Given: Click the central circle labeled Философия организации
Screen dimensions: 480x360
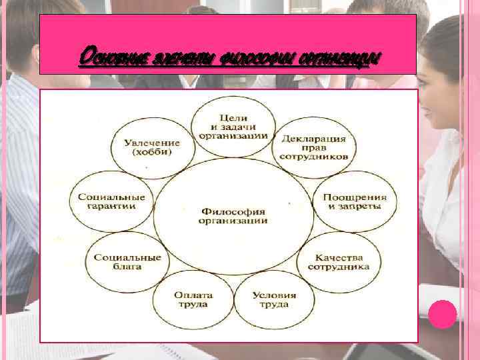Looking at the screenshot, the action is [233, 215].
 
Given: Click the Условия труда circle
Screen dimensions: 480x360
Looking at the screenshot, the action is [274, 300].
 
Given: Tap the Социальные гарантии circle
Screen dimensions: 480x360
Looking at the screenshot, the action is [112, 201].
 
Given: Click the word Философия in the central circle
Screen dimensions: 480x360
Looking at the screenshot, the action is [233, 211].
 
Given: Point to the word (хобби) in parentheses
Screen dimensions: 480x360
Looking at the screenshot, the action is [151, 153].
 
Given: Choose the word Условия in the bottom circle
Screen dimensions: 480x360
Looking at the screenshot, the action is [274, 295].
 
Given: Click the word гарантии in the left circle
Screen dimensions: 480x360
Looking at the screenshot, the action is [111, 206].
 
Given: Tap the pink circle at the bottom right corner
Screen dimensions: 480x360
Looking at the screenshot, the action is [442, 311].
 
